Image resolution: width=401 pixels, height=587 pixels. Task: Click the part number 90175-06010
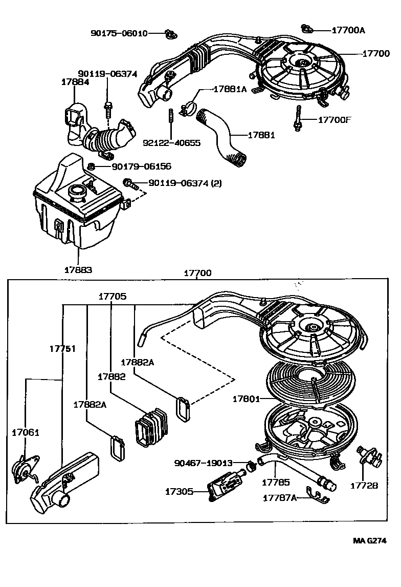(119, 33)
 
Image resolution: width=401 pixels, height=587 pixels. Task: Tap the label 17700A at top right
(348, 30)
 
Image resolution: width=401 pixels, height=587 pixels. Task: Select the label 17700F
(335, 120)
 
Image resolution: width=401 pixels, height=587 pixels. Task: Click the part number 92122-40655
(171, 142)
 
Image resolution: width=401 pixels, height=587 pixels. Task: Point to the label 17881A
(230, 89)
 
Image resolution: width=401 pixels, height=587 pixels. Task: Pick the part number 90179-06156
(141, 166)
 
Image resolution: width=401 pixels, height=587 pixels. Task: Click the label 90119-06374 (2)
(185, 183)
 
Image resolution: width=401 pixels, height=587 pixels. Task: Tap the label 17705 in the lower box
(113, 297)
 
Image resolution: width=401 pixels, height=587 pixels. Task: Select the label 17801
(246, 399)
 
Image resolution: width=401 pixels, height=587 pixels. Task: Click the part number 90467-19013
(203, 463)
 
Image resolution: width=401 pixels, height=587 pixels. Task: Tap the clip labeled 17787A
(318, 495)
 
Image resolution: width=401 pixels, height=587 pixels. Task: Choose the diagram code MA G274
(370, 540)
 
